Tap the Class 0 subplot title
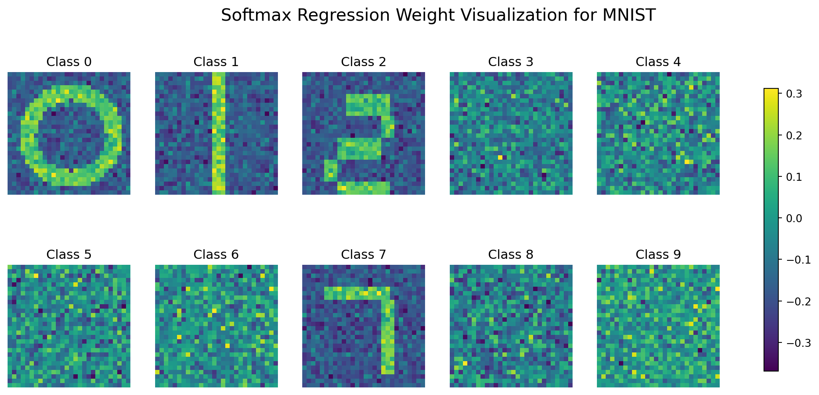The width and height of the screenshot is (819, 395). click(69, 62)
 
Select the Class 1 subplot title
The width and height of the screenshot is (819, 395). click(216, 62)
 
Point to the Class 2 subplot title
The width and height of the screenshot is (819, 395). click(364, 62)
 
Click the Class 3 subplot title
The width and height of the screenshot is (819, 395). click(511, 62)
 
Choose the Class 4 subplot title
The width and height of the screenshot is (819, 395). click(658, 62)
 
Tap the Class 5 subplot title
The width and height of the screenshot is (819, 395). click(69, 254)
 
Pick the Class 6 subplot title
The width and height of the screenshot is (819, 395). click(216, 254)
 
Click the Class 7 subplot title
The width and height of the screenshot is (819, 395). click(364, 254)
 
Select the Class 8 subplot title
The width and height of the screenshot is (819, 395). click(511, 254)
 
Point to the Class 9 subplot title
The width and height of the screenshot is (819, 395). click(658, 254)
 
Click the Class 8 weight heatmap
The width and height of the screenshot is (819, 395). click(511, 326)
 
